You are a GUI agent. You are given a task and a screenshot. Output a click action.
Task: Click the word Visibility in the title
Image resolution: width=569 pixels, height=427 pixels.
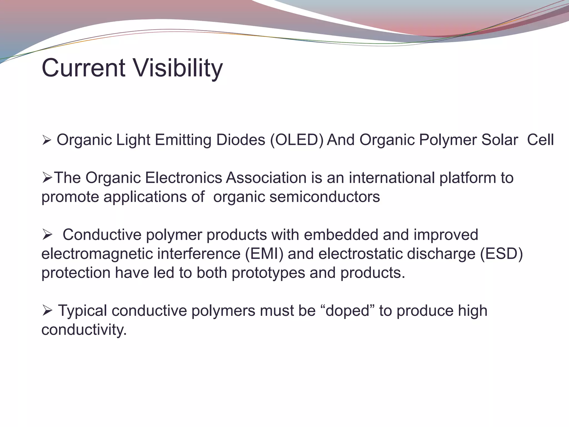pos(178,68)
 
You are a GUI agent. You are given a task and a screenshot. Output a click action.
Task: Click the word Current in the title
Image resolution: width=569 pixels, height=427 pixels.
pos(83,68)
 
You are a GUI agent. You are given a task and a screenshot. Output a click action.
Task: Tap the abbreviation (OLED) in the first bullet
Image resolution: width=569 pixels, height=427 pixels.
pos(297,140)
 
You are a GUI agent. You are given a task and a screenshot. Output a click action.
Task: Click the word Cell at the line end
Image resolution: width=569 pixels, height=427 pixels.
pos(540,140)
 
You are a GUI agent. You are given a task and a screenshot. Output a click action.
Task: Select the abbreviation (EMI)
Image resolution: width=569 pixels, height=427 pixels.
pos(264,254)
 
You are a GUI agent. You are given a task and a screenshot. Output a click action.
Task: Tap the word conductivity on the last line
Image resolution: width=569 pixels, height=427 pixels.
pos(84,330)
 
